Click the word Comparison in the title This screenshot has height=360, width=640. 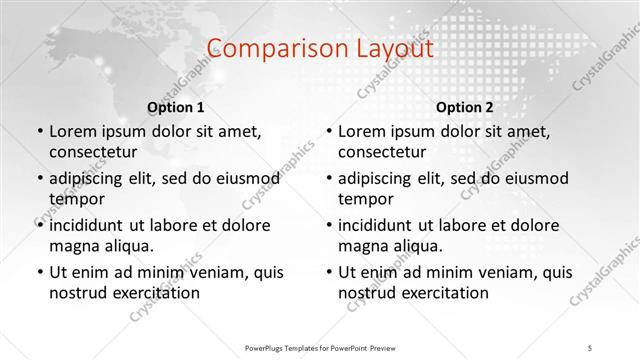click(x=265, y=49)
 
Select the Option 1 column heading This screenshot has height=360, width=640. click(x=175, y=106)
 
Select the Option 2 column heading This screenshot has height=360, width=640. click(x=465, y=106)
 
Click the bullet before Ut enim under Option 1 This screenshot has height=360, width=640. click(x=39, y=271)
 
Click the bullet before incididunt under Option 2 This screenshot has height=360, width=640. click(x=329, y=225)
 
